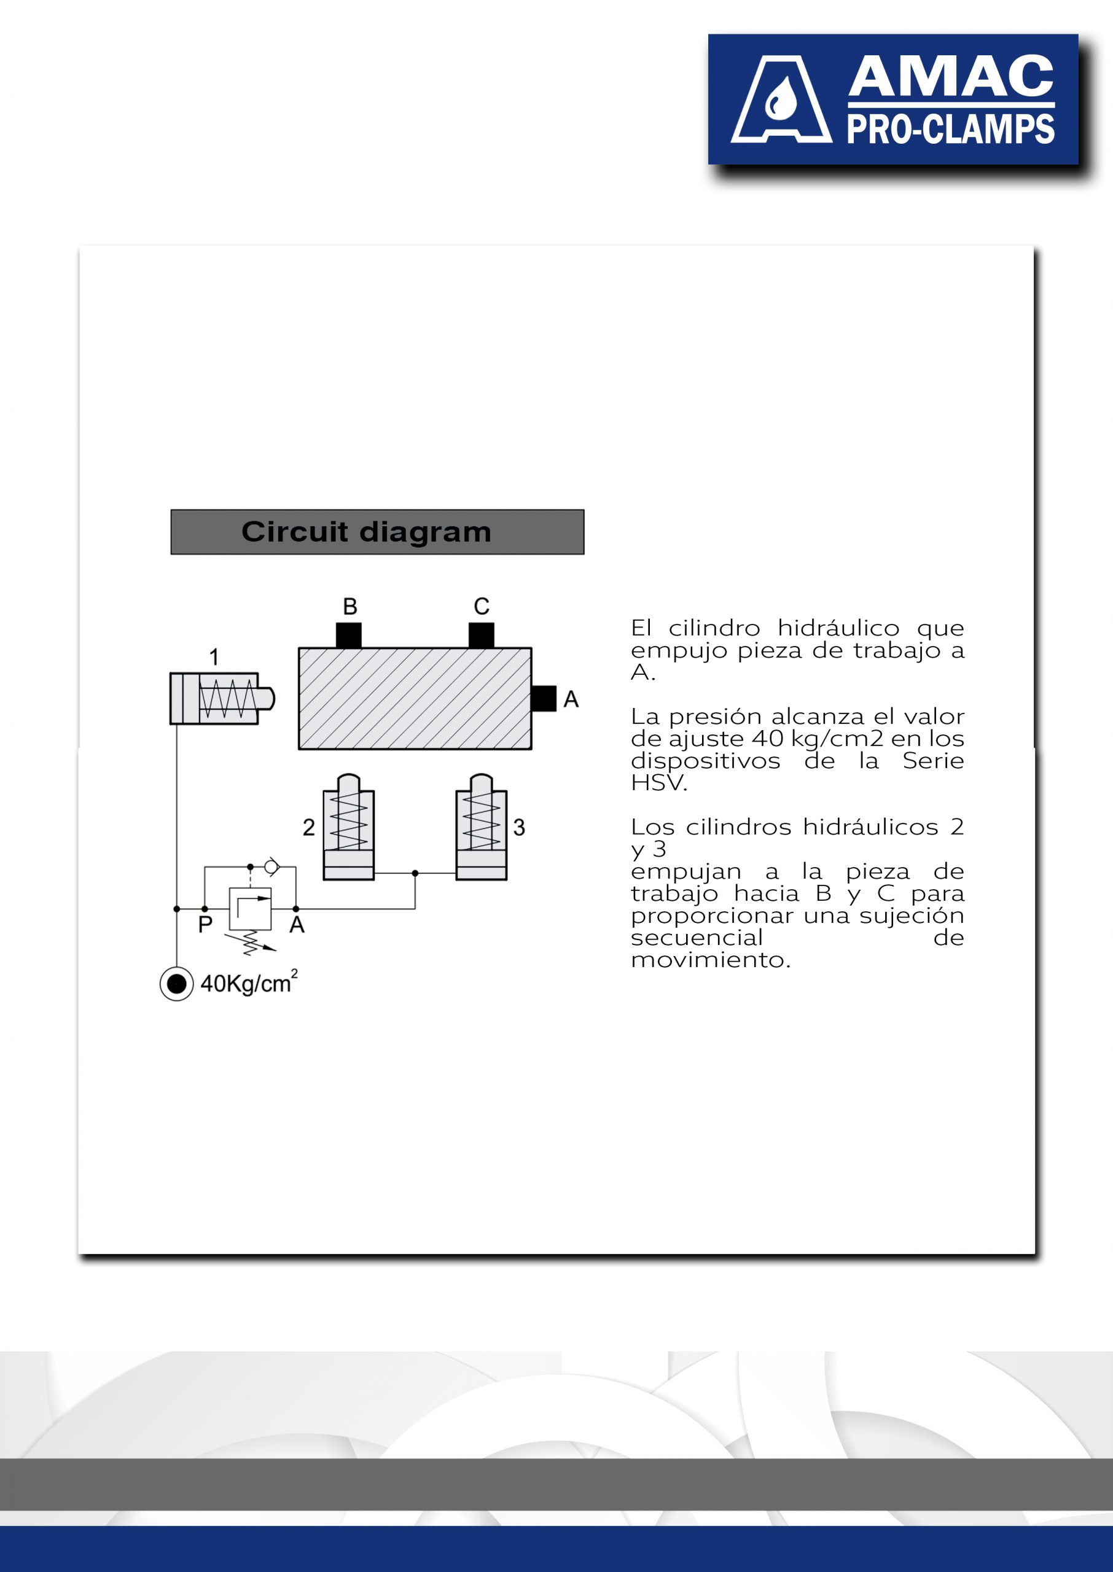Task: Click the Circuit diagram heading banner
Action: pyautogui.click(x=377, y=532)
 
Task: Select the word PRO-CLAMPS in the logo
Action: pyautogui.click(x=951, y=130)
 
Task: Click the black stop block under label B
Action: pyautogui.click(x=349, y=635)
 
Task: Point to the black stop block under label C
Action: pyautogui.click(x=481, y=635)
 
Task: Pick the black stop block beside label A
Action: pyautogui.click(x=544, y=699)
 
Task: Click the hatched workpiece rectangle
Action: pyautogui.click(x=415, y=699)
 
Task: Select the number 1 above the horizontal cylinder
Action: pyautogui.click(x=214, y=657)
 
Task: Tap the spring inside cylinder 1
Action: pyautogui.click(x=227, y=699)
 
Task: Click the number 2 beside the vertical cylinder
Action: pyautogui.click(x=309, y=827)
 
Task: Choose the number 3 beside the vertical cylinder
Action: pyautogui.click(x=520, y=827)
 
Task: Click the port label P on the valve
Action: pyautogui.click(x=205, y=925)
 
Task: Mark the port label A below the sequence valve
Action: pyautogui.click(x=297, y=925)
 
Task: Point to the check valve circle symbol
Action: pyautogui.click(x=271, y=867)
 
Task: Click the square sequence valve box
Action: pyautogui.click(x=250, y=908)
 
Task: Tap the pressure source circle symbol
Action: pyautogui.click(x=177, y=984)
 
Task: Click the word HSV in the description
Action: pyautogui.click(x=658, y=783)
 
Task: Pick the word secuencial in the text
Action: pyautogui.click(x=697, y=938)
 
